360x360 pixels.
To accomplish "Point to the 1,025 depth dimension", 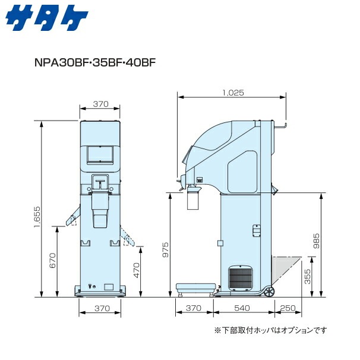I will (233, 93).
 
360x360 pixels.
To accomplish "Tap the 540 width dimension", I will (241, 308).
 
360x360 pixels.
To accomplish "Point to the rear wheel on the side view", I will (270, 292).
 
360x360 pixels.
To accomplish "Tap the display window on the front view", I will (96, 154).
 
